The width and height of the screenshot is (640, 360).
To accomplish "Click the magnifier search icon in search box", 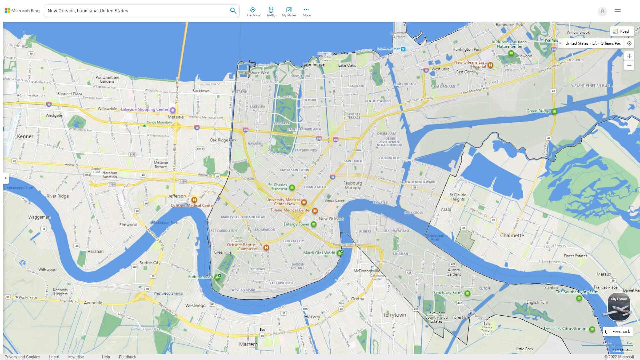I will point(233,11).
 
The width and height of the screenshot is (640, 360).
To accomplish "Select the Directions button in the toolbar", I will point(252,11).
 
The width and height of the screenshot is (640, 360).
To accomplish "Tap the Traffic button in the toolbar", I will point(271,11).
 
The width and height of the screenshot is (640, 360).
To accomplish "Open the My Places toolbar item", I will point(289,11).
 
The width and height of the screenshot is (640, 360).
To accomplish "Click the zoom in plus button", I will point(629,56).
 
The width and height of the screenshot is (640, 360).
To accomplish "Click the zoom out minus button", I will point(629,66).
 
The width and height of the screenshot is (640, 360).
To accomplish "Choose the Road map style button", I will point(621,31).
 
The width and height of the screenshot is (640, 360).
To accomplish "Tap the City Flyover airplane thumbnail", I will point(619,307).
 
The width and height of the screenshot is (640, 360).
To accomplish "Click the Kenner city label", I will point(25,136).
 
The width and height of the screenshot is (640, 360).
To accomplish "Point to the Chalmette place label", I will point(512,235).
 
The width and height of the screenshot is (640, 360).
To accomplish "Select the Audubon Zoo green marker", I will point(217,277).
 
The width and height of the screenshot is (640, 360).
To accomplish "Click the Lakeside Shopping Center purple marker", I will point(172,110).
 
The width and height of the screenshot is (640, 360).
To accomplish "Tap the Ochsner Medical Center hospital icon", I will point(194,200).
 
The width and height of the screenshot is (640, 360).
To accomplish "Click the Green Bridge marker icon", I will point(554,111).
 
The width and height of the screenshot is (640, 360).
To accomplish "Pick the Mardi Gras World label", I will point(319,253).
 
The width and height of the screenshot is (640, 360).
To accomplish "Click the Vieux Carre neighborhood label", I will point(334,200).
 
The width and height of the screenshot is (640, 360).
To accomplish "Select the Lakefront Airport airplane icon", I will point(403,49).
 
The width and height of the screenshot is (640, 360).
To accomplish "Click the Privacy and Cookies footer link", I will point(22,357).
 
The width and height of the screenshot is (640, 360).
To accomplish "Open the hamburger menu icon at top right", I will point(617,11).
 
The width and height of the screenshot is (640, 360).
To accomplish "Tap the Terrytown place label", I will point(394,315).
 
